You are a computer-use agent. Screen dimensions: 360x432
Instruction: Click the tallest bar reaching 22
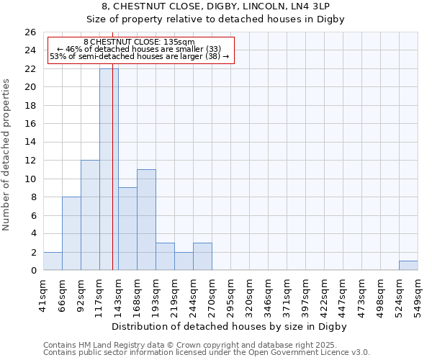tap(109, 169)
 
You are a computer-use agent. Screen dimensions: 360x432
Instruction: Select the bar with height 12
tap(90, 215)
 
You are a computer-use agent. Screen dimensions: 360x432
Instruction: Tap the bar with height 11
tap(146, 220)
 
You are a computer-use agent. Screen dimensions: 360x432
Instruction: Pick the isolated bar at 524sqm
tap(408, 266)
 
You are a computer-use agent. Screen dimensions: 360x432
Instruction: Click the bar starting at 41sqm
tap(53, 261)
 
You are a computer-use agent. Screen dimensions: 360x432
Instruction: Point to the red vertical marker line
tap(113, 180)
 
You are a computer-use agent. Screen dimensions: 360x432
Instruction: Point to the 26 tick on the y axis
tap(30, 32)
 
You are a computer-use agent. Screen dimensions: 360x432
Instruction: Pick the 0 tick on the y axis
tap(33, 271)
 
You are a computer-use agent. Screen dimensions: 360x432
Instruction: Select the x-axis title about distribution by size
tap(230, 327)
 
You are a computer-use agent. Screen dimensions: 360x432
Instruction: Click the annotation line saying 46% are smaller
tap(141, 49)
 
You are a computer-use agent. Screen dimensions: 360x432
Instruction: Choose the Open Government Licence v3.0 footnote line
tap(206, 353)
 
